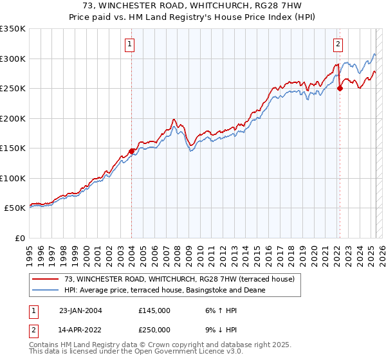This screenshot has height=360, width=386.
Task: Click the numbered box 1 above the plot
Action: coord(130,44)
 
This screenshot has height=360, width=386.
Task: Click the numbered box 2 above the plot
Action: coord(338,44)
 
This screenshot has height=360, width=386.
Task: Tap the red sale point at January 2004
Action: coord(132,151)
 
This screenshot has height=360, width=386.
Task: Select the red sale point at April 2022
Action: coord(340,89)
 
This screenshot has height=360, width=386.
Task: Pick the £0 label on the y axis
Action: coord(19,238)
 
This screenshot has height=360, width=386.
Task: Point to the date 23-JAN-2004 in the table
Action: coord(80,310)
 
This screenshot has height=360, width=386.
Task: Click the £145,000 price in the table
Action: coord(154,310)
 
